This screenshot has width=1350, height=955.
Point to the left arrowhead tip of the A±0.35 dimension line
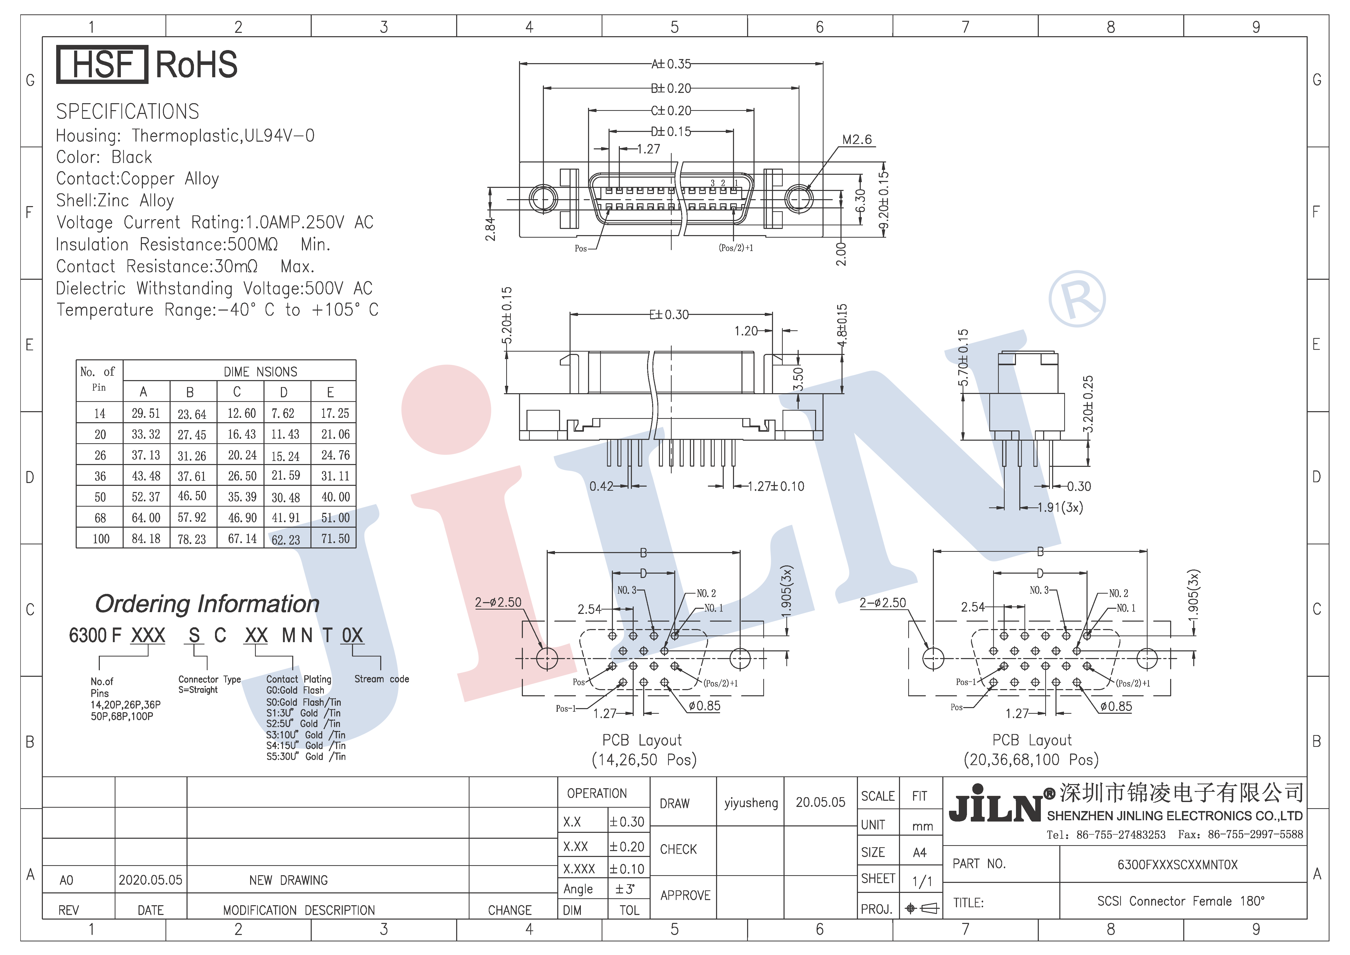pyautogui.click(x=520, y=63)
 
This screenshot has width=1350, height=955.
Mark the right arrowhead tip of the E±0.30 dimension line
pyautogui.click(x=772, y=315)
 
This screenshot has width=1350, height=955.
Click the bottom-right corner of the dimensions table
pyautogui.click(x=356, y=548)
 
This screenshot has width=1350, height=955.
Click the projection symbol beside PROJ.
pyautogui.click(x=922, y=909)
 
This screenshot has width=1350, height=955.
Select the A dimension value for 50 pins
pyautogui.click(x=146, y=497)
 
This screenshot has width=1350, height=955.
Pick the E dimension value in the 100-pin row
pyautogui.click(x=335, y=539)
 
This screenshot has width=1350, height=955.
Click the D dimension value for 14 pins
pyautogui.click(x=283, y=413)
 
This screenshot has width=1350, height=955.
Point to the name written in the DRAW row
pyautogui.click(x=751, y=803)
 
